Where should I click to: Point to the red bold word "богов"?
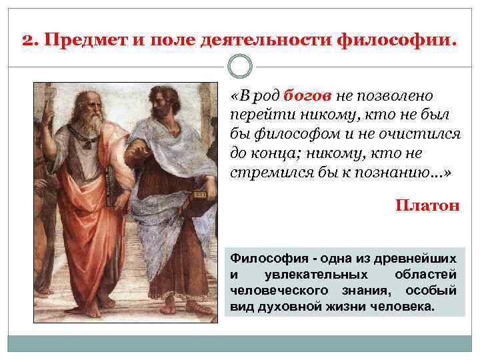[x=309, y=96]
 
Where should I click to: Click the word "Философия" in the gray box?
[x=263, y=257]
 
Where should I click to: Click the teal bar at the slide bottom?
[x=240, y=344]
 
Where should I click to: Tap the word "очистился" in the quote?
[x=424, y=134]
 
